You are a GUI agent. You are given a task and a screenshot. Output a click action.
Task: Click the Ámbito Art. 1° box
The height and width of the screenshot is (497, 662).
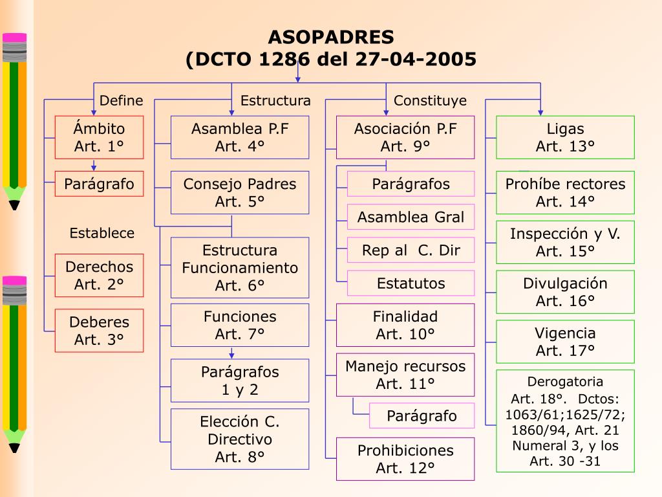pos(99,137)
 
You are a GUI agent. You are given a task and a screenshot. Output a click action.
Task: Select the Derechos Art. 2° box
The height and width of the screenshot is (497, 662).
pos(99,275)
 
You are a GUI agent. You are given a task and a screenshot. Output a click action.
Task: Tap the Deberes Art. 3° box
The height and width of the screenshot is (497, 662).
pos(99,331)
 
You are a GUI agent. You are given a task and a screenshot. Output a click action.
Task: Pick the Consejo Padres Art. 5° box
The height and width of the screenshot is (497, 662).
pos(240,192)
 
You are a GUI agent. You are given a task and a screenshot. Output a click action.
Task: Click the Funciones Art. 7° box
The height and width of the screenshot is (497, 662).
pos(240,325)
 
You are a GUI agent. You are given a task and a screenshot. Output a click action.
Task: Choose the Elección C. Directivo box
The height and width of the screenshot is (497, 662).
pos(240,439)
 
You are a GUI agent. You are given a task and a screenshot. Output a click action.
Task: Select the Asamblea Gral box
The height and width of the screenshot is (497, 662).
pos(411,217)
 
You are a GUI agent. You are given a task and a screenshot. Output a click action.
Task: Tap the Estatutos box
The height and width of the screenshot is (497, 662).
pos(411,283)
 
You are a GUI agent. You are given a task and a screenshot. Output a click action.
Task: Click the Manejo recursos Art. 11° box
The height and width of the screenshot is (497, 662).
pos(405,375)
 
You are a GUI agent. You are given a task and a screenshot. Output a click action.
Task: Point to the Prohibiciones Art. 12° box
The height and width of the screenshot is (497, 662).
pos(405,459)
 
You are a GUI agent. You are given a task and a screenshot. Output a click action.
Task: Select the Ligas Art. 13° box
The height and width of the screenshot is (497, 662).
pos(565,137)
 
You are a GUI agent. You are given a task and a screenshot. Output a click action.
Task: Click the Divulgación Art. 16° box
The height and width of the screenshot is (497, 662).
pos(565,292)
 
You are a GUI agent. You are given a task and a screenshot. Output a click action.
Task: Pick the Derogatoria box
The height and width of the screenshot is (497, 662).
pos(565,421)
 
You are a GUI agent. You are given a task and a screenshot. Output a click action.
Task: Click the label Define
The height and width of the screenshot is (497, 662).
pos(122,100)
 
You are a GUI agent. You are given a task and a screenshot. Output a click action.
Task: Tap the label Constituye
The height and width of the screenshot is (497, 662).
pos(430,100)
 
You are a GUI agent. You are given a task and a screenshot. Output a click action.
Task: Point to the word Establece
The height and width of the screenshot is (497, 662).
pos(102,233)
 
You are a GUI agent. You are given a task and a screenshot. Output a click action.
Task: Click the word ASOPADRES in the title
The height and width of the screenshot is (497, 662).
pos(331,36)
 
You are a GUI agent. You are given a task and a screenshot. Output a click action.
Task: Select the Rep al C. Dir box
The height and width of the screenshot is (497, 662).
pos(411,250)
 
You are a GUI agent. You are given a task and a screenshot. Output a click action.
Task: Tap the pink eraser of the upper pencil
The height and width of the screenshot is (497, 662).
pos(14,38)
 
